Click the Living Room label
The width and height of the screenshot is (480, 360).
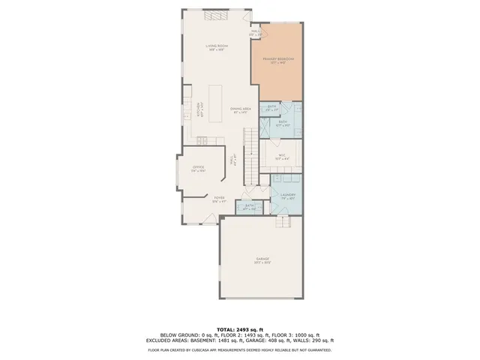[217, 47]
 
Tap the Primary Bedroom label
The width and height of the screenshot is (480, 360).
[278, 59]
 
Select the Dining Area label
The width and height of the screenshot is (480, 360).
[240, 110]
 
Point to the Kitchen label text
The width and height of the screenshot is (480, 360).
[199, 110]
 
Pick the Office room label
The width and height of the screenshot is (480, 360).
[199, 169]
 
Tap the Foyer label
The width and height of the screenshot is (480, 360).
[219, 199]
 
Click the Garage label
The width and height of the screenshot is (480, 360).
[262, 260]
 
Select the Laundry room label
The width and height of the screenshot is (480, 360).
[289, 196]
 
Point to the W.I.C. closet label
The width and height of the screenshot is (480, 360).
[281, 157]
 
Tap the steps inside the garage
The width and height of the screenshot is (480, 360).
[283, 226]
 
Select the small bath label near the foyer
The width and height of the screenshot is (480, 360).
[250, 207]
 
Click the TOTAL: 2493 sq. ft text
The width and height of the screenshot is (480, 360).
[239, 329]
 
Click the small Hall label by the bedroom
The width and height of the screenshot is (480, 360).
[255, 32]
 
